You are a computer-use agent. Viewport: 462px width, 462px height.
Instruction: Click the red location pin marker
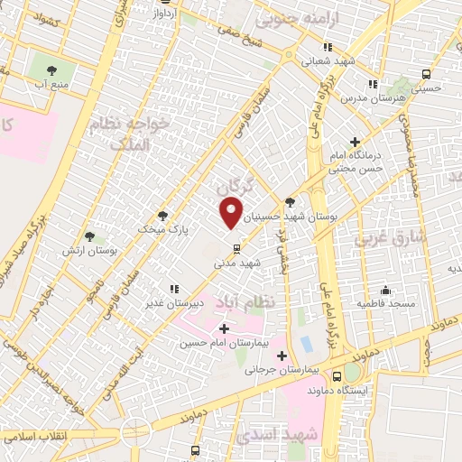tap(232, 213)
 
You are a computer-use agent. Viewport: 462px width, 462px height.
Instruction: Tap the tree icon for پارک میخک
tap(162, 216)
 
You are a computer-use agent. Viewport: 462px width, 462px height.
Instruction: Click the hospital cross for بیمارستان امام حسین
tap(224, 328)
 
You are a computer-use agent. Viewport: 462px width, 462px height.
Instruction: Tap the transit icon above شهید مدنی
tap(236, 248)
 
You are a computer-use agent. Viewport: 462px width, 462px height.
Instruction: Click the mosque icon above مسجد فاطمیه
tap(385, 290)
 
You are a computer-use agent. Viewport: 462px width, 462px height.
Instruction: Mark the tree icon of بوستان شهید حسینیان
tap(289, 203)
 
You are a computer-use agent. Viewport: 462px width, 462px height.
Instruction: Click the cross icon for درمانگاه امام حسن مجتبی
tap(355, 142)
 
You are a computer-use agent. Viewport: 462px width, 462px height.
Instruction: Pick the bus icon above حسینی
tap(425, 75)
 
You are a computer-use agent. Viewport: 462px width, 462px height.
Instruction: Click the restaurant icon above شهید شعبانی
tap(328, 47)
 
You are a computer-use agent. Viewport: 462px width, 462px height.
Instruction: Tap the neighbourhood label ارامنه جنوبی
tap(291, 16)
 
